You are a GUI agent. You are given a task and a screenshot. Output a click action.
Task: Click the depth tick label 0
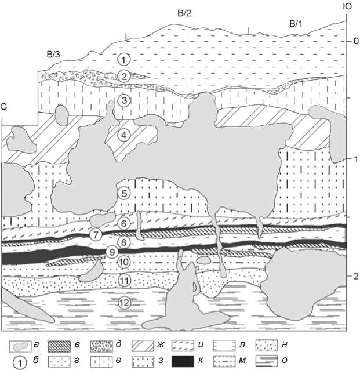[x=348, y=41]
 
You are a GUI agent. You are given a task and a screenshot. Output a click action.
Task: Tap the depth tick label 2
[x=348, y=276]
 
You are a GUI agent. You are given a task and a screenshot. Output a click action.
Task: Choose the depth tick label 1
[x=348, y=159]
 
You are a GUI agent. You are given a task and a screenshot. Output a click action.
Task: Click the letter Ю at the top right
[x=348, y=6]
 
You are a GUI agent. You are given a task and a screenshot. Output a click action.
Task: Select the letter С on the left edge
[x=4, y=107]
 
